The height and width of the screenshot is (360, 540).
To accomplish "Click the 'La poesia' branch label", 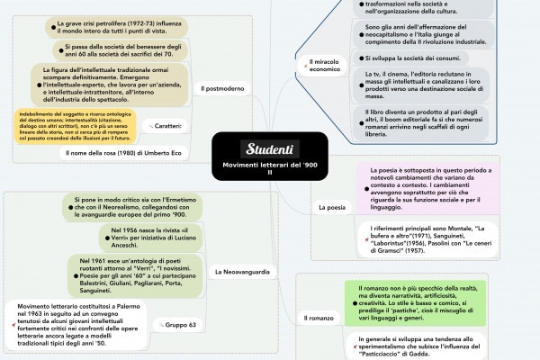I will (331, 208).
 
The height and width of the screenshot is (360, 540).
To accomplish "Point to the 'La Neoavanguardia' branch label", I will (242, 271).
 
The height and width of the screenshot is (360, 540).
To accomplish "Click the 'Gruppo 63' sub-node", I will (180, 324).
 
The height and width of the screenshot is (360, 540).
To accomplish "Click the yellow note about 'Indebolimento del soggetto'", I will (76, 126).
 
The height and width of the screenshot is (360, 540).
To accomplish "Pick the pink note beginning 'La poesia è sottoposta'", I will (432, 188).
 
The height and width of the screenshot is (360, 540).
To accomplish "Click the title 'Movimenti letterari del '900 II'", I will (269, 170).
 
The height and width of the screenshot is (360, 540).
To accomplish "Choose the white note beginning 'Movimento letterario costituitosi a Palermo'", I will (73, 328).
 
